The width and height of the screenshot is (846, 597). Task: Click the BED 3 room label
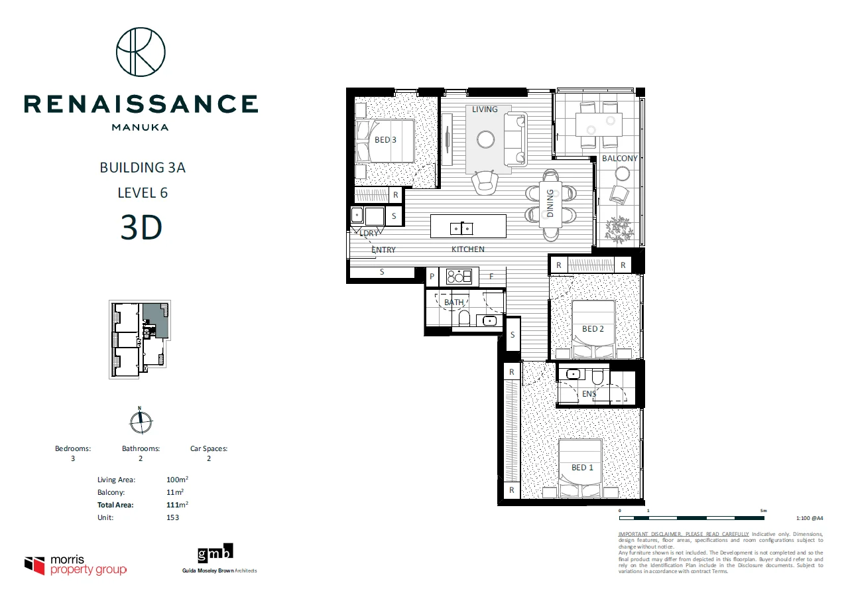tap(385, 140)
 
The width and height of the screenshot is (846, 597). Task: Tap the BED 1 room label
tap(583, 468)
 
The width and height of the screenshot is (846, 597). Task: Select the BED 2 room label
tap(593, 329)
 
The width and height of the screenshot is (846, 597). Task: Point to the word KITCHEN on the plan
tap(468, 249)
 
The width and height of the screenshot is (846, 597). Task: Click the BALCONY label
tap(619, 159)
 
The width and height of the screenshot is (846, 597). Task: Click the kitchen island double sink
tap(461, 228)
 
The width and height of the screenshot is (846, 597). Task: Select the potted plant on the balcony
tap(619, 229)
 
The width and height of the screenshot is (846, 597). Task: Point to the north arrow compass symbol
tap(141, 420)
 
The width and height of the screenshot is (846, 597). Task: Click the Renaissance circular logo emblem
tap(141, 52)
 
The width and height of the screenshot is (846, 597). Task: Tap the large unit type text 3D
tap(141, 228)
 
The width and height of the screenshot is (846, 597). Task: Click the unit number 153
tap(173, 517)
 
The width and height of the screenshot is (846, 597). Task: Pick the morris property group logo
tap(76, 565)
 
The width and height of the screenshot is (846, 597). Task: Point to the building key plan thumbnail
tap(140, 340)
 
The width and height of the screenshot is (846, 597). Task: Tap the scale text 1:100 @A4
tap(810, 519)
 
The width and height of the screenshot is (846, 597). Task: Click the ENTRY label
tap(383, 250)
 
